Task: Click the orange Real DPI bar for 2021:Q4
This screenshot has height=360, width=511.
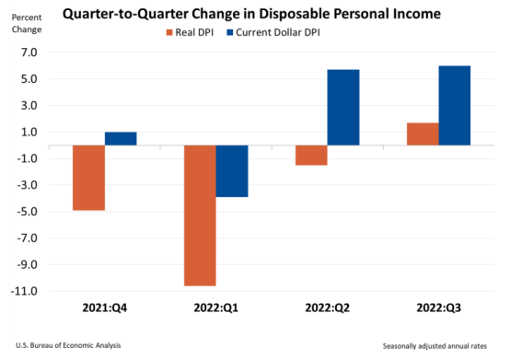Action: (89, 178)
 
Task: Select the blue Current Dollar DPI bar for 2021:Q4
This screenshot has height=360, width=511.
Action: (121, 139)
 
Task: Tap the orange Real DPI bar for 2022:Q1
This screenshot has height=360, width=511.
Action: (199, 215)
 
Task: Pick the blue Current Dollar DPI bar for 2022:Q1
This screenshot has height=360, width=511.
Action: (231, 171)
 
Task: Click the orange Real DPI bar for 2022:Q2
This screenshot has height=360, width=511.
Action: (310, 156)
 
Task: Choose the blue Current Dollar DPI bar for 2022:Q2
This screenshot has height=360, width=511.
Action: (343, 108)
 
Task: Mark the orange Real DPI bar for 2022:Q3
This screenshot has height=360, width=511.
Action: (422, 134)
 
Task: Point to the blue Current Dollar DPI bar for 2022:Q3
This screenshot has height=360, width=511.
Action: (454, 106)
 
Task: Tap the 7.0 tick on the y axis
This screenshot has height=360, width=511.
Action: (27, 52)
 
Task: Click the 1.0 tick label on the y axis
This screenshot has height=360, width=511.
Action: (27, 133)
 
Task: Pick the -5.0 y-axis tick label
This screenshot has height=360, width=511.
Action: (26, 212)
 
